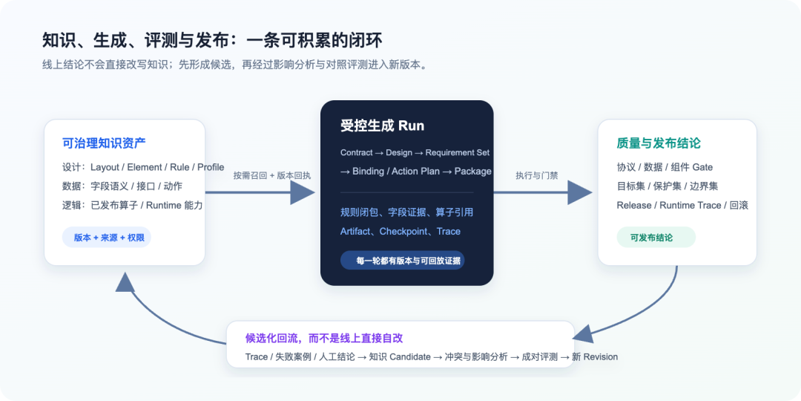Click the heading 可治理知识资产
(x=104, y=143)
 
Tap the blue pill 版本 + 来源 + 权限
(x=107, y=238)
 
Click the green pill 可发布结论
(x=656, y=238)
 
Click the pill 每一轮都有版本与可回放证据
(x=403, y=261)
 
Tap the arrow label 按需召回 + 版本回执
(x=272, y=175)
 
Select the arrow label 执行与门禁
(x=537, y=175)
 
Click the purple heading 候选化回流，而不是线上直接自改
(x=324, y=338)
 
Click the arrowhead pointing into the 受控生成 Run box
(x=303, y=193)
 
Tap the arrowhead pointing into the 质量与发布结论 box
(x=580, y=193)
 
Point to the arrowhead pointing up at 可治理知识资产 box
(x=125, y=282)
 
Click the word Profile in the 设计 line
(x=211, y=167)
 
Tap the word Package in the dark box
(x=473, y=172)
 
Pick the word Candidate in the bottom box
(x=410, y=357)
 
